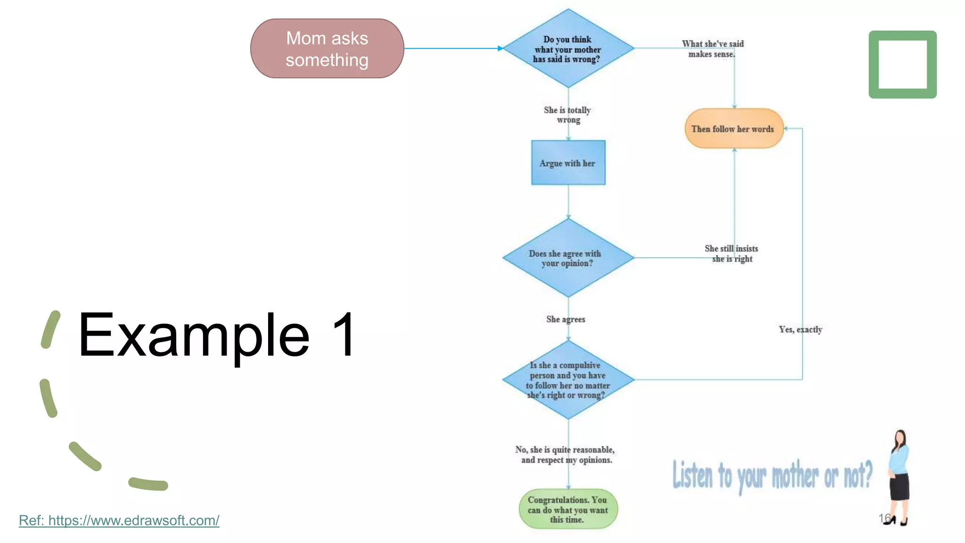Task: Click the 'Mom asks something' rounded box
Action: tap(327, 49)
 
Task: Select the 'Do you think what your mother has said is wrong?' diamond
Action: tap(568, 49)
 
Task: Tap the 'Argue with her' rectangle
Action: tap(568, 163)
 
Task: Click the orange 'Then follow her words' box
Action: tap(733, 129)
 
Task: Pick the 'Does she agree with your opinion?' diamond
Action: tap(568, 258)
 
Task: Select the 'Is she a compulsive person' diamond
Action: tap(568, 379)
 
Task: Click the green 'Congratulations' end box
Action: tap(568, 509)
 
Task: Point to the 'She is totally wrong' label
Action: tap(567, 115)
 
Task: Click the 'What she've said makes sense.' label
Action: tap(712, 49)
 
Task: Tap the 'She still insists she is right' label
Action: tap(731, 253)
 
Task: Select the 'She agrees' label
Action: tap(565, 319)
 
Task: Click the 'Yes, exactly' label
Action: tap(800, 329)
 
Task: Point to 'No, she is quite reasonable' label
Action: tap(565, 454)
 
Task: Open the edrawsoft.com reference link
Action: tap(119, 520)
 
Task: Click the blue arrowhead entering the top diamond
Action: tap(500, 49)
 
